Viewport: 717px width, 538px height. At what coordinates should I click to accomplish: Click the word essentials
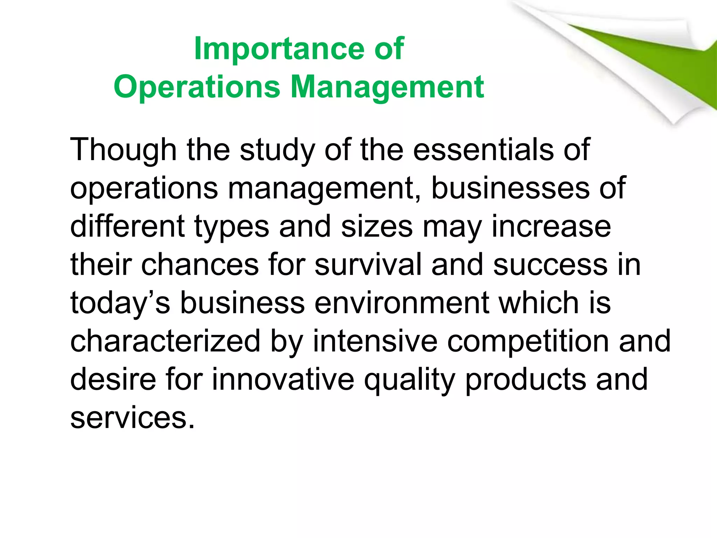[x=483, y=150]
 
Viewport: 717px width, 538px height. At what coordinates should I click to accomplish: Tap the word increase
[x=551, y=227]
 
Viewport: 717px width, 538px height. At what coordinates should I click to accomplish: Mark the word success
[x=550, y=265]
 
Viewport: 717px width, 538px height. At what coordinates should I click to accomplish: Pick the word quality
[x=410, y=380]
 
